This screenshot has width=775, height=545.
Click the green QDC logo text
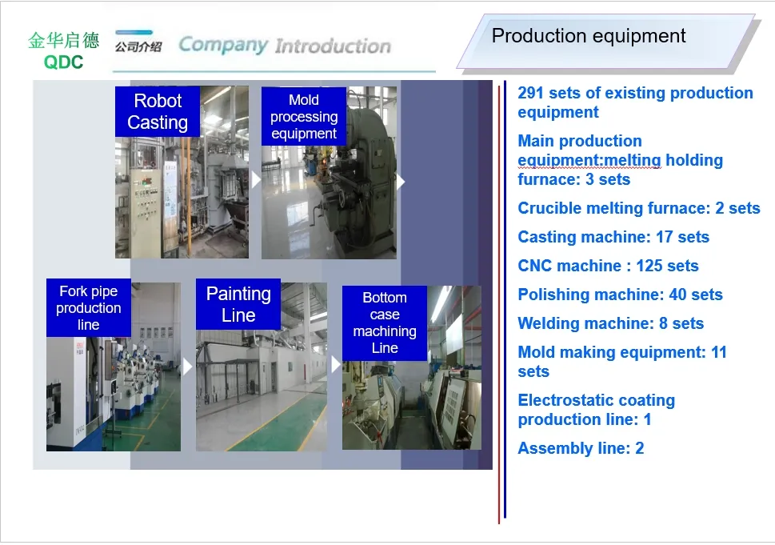(x=64, y=62)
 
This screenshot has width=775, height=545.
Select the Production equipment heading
(x=589, y=36)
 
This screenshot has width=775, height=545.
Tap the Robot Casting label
(x=158, y=112)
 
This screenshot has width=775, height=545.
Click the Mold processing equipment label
(x=304, y=117)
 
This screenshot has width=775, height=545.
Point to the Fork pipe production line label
(x=88, y=308)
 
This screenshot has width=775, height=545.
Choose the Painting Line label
(x=238, y=304)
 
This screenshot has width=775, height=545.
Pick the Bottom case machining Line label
(x=385, y=323)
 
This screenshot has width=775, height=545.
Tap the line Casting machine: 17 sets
(x=613, y=237)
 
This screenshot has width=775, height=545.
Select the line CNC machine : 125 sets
(x=608, y=266)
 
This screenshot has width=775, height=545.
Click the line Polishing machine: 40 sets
(x=620, y=295)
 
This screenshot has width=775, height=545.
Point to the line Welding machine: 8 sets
(x=611, y=323)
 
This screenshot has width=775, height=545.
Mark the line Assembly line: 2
(x=581, y=448)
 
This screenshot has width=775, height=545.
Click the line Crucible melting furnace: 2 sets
(x=638, y=208)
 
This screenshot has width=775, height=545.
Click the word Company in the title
(x=222, y=45)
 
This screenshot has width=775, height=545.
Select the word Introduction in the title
(x=333, y=46)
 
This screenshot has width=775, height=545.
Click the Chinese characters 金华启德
(x=64, y=40)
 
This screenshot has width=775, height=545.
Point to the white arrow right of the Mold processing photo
(x=401, y=182)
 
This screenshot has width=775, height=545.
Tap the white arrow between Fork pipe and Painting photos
(x=188, y=367)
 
